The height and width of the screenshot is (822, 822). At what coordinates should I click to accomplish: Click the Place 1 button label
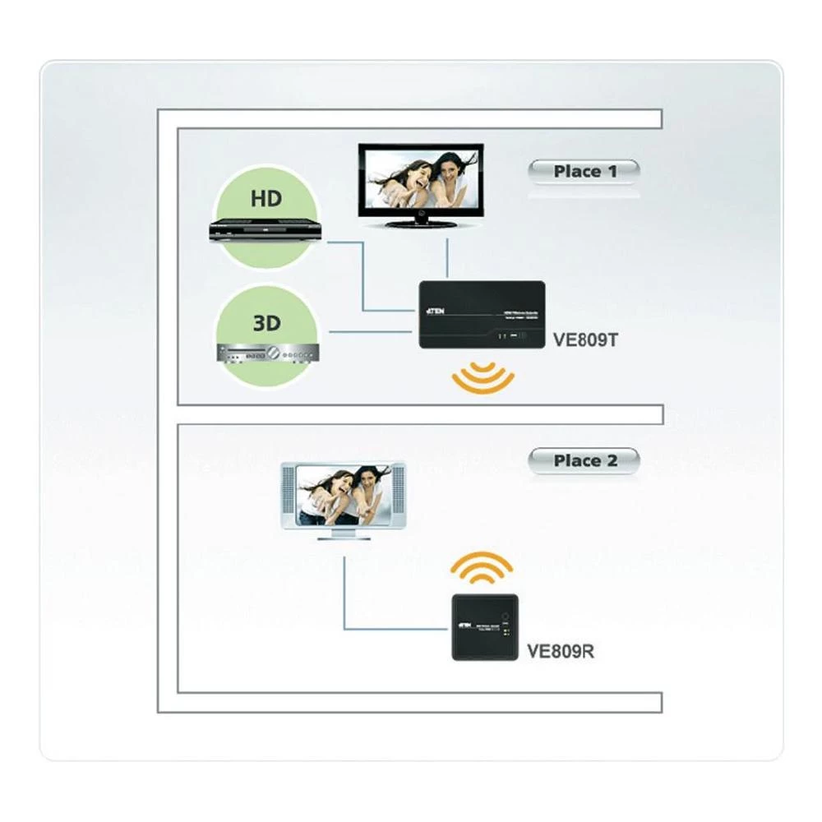(x=584, y=172)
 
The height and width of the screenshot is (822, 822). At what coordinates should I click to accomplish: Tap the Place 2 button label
(x=584, y=461)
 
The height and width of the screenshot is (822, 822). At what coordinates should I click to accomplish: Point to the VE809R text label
(x=561, y=652)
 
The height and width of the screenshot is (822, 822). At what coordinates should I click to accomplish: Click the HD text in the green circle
(x=266, y=199)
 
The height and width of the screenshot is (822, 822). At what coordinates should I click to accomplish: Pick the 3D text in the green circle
(x=266, y=322)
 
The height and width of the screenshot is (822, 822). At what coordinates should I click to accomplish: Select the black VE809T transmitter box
(x=482, y=314)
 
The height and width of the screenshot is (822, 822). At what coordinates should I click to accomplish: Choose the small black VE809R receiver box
(x=484, y=626)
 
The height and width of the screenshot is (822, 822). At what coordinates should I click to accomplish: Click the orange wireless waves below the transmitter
(x=483, y=378)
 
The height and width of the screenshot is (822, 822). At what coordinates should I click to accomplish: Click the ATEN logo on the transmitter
(x=437, y=312)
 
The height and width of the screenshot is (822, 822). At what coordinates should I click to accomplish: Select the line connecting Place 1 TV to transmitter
(x=446, y=258)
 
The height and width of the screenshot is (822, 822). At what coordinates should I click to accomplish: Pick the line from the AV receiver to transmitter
(x=370, y=332)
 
